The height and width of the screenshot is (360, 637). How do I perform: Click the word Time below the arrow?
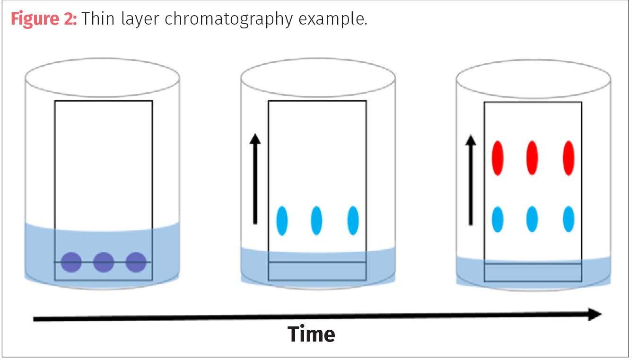(312, 334)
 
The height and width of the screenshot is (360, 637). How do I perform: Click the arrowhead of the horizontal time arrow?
(594, 314)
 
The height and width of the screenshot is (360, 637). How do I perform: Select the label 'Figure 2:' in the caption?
(43, 19)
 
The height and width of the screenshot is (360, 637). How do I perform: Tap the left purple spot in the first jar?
(71, 262)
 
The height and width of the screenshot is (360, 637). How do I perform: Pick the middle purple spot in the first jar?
(104, 262)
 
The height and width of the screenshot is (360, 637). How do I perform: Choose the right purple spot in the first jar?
(136, 262)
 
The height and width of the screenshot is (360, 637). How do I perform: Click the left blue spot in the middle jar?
(282, 220)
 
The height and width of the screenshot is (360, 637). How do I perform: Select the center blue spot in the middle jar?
(316, 220)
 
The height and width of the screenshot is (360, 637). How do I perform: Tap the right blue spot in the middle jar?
(353, 220)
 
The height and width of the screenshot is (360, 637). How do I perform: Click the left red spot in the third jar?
(497, 158)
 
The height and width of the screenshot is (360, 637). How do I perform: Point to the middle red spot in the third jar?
(532, 158)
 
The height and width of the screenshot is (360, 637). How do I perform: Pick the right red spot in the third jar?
(568, 158)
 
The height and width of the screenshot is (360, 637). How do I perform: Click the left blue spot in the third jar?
(497, 219)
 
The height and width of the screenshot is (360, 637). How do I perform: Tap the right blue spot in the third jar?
(568, 219)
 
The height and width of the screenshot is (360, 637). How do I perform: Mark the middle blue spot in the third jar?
(532, 219)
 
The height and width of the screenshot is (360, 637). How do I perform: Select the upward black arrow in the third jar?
(471, 180)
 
